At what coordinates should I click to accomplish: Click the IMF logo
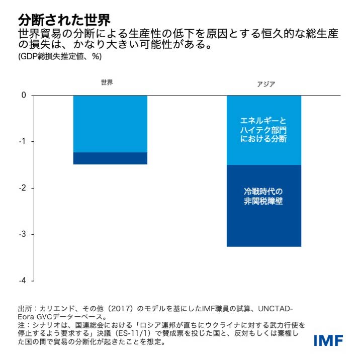[328, 340]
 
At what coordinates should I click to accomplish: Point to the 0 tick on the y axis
[24, 96]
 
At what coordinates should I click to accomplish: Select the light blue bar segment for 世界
[110, 124]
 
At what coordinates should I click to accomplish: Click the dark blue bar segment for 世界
[110, 158]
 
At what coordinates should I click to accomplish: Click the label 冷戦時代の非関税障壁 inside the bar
[264, 197]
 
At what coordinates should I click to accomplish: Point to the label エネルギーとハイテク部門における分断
[264, 130]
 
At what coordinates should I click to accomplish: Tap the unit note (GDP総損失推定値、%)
[60, 57]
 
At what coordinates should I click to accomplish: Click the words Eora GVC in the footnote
[36, 317]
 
